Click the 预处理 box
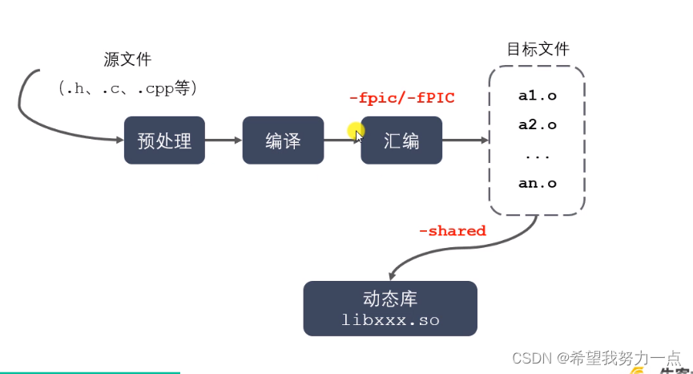(164, 140)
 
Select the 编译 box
(283, 140)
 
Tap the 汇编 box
(401, 140)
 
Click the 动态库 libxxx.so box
(390, 308)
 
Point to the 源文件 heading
(127, 59)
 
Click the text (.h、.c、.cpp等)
(127, 87)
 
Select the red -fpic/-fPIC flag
(401, 98)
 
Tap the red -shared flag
(452, 231)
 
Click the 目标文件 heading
(538, 48)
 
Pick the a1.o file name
(538, 96)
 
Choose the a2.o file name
(538, 124)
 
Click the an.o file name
(538, 183)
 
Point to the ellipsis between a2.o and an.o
(538, 154)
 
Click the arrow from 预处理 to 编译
(224, 140)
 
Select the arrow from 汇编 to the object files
(465, 140)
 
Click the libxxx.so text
(390, 320)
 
